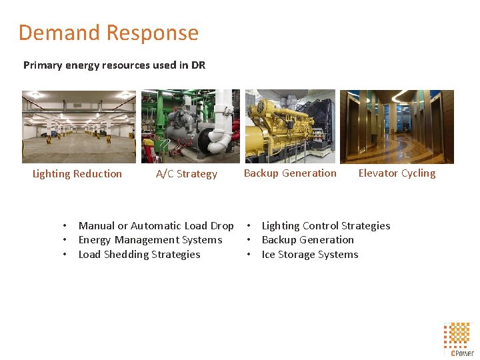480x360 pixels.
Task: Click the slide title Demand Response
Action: coord(108,33)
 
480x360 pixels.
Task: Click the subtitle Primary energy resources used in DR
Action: coord(114,65)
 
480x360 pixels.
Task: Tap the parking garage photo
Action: coord(79,127)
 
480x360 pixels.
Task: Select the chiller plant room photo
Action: coord(190,127)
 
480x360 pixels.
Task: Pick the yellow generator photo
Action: coord(290,127)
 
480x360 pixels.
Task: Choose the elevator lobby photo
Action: coord(397,127)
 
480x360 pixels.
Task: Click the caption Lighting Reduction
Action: coord(77,174)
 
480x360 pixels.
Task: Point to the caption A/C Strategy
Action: coord(187,174)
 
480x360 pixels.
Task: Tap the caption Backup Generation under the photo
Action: coord(290,173)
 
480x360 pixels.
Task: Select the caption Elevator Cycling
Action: coord(397,173)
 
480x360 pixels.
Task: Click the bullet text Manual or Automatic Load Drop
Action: coord(156,226)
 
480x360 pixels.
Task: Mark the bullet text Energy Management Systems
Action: coord(150,240)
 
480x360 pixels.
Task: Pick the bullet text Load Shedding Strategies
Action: coord(139,255)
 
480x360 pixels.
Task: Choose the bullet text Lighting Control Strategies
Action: coord(326,226)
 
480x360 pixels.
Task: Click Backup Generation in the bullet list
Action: coord(307,240)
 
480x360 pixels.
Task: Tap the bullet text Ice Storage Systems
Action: coord(310,255)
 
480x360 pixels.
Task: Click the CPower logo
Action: coord(459,339)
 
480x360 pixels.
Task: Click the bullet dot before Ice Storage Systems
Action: coord(249,255)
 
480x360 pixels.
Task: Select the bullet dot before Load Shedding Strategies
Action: coord(65,255)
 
